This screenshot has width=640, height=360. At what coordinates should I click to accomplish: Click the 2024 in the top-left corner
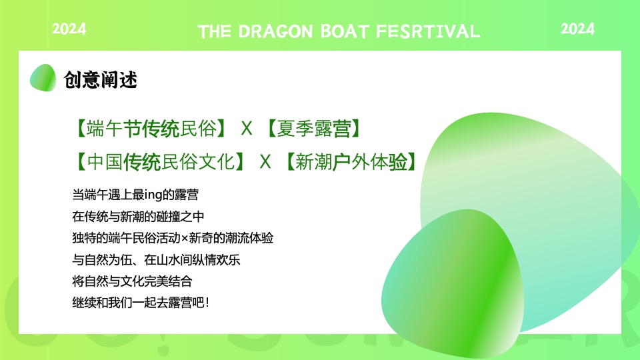69,29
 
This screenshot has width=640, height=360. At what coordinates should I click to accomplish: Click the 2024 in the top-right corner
577,29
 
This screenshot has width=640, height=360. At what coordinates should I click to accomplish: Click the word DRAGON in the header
275,31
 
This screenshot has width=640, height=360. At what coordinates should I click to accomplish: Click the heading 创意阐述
100,80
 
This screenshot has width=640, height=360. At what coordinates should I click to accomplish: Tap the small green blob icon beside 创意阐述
43,78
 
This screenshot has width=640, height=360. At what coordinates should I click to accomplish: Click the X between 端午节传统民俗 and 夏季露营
247,129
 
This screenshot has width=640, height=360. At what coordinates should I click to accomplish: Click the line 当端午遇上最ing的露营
135,195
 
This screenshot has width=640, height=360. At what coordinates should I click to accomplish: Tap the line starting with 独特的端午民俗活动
173,238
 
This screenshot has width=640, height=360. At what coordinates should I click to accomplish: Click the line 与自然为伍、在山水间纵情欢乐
156,259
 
